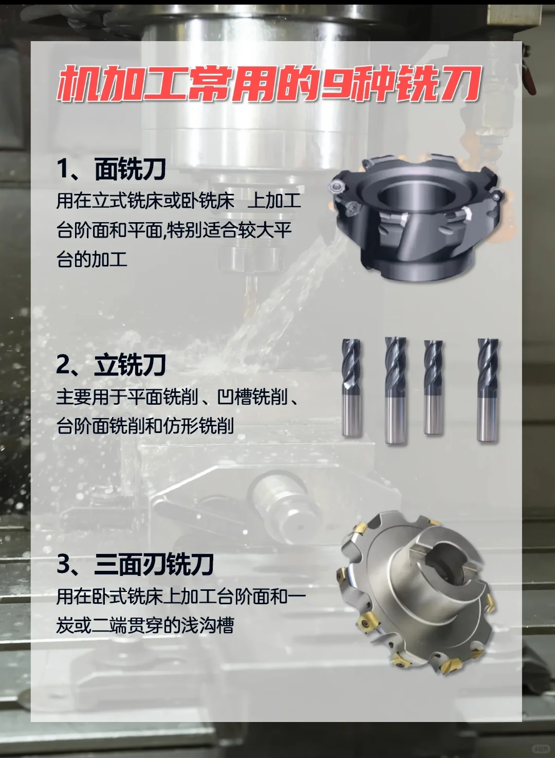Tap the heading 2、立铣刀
[x=111, y=365]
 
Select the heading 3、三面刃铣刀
[x=135, y=564]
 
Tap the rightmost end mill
[x=487, y=389]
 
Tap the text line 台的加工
[x=92, y=259]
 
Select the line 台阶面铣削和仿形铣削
[x=145, y=426]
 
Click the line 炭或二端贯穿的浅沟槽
[x=145, y=625]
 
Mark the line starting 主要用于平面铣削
[x=177, y=397]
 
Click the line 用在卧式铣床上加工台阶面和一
[x=181, y=597]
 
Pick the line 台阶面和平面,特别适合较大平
[x=174, y=230]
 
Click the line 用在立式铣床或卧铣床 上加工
[x=178, y=201]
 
